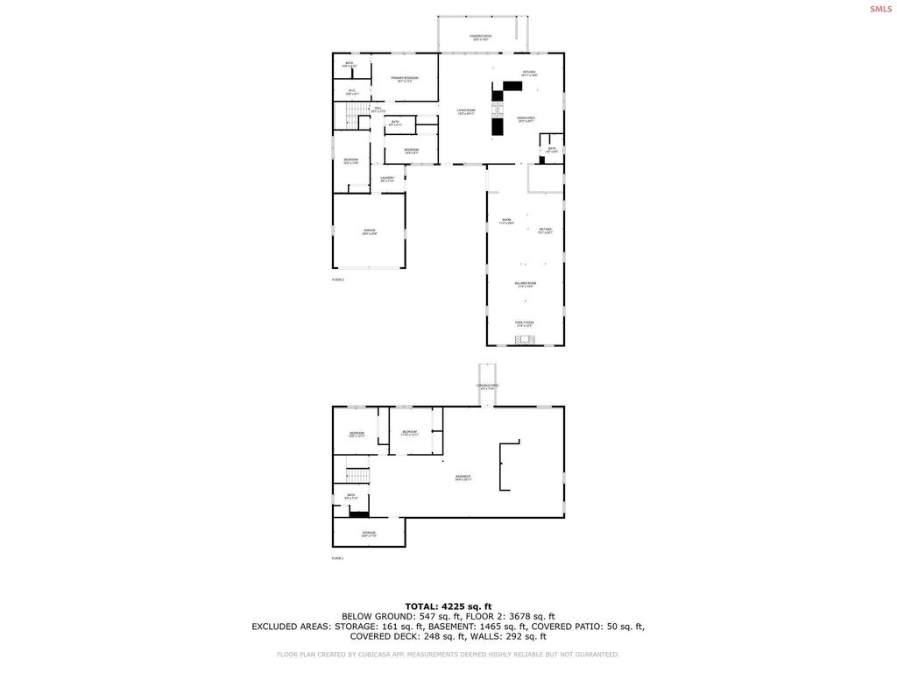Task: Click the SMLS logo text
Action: pyautogui.click(x=880, y=9)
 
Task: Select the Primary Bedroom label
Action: pyautogui.click(x=405, y=79)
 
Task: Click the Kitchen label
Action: pyautogui.click(x=529, y=74)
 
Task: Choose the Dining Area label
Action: pyautogui.click(x=526, y=119)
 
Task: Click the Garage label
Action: pyautogui.click(x=369, y=232)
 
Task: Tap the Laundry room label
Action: pyautogui.click(x=387, y=179)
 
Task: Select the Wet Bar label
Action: pyautogui.click(x=545, y=230)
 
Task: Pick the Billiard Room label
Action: pyautogui.click(x=525, y=285)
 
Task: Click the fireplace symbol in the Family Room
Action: pyautogui.click(x=524, y=338)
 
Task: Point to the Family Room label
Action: pyautogui.click(x=524, y=323)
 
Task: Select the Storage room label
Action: pyautogui.click(x=369, y=534)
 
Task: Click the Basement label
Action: pyautogui.click(x=463, y=478)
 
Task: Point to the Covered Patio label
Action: pyautogui.click(x=487, y=386)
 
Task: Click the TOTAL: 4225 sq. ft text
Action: pyautogui.click(x=448, y=606)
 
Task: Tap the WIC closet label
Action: pyautogui.click(x=351, y=91)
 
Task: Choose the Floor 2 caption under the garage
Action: pyautogui.click(x=337, y=280)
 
